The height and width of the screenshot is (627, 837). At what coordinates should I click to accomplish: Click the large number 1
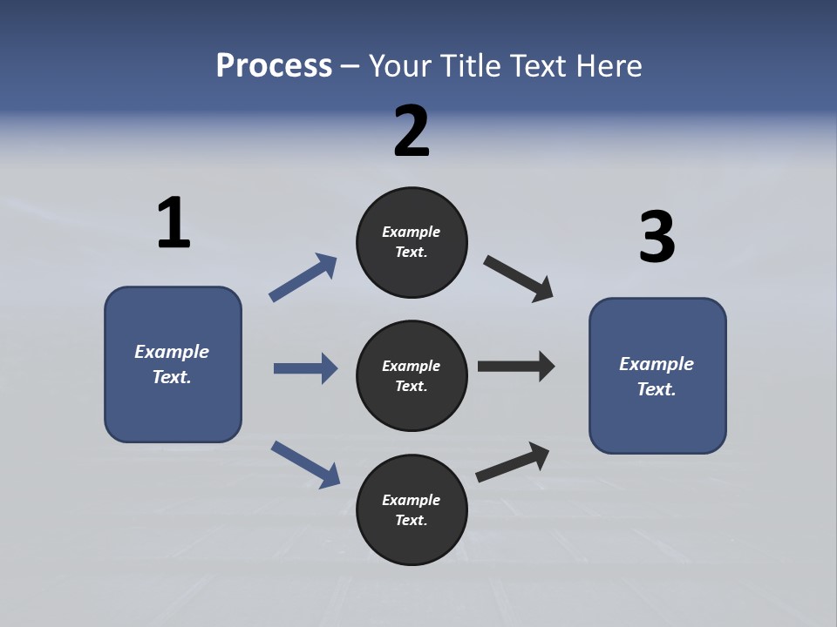click(x=174, y=224)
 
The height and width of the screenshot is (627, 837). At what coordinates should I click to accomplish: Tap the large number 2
click(x=412, y=131)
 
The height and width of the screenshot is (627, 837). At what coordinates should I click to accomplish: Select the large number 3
click(x=657, y=238)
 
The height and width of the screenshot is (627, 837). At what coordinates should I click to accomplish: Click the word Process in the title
click(x=274, y=65)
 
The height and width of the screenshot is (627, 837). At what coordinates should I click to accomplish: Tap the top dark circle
click(x=412, y=242)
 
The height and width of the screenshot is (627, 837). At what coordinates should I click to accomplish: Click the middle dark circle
click(x=412, y=376)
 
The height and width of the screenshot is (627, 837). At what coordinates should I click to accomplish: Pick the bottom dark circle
click(x=412, y=510)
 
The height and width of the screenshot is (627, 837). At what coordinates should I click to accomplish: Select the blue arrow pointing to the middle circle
click(x=305, y=368)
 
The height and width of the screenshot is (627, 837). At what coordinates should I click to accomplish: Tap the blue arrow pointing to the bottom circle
click(x=305, y=464)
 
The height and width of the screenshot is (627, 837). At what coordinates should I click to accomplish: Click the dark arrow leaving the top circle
click(x=519, y=279)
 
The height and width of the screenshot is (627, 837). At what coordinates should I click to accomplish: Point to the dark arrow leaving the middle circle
click(x=516, y=367)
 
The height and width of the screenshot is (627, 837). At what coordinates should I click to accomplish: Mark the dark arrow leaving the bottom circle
click(x=513, y=462)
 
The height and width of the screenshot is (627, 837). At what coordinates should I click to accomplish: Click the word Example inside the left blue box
click(x=172, y=352)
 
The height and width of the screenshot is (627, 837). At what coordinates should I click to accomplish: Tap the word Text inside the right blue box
click(x=656, y=389)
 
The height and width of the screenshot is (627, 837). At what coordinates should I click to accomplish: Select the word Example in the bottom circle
click(x=412, y=500)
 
